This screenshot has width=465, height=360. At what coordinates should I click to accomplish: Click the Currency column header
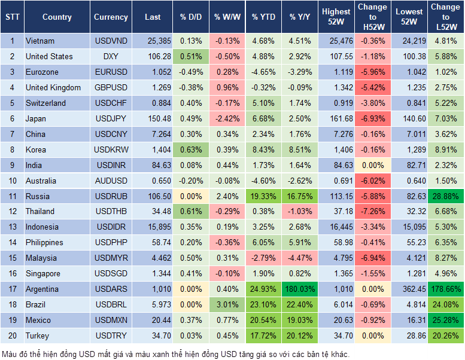(111, 17)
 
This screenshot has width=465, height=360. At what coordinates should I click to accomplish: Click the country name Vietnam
(40, 41)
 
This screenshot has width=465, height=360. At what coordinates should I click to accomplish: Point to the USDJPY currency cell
(111, 118)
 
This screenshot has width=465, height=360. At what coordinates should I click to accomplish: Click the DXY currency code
(111, 57)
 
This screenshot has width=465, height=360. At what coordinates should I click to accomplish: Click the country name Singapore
(43, 274)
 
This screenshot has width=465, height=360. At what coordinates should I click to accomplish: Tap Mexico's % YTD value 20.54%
(263, 321)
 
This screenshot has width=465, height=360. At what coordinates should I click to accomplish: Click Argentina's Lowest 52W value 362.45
(409, 289)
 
